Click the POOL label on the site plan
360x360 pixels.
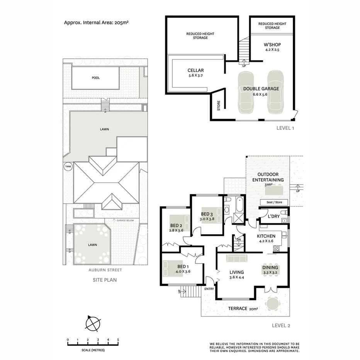click(x=95, y=78)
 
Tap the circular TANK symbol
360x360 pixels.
click(x=68, y=166)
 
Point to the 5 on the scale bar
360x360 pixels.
click(x=118, y=340)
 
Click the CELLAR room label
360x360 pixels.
click(x=195, y=70)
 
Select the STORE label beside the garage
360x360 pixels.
click(x=218, y=105)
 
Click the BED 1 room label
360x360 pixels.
click(x=183, y=267)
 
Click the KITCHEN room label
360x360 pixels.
click(x=266, y=236)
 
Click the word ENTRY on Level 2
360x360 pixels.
click(x=209, y=289)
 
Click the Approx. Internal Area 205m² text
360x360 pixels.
click(x=96, y=23)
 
